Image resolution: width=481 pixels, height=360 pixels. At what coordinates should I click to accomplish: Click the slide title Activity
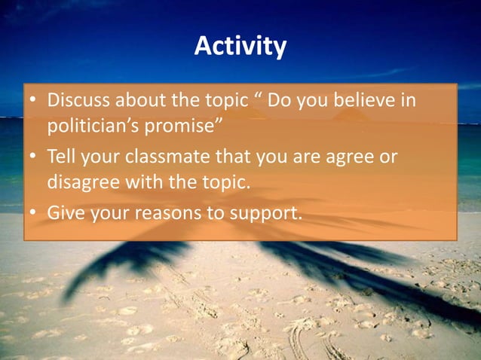pyautogui.click(x=240, y=47)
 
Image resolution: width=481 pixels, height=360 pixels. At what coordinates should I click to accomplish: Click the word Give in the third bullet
pyautogui.click(x=63, y=213)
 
